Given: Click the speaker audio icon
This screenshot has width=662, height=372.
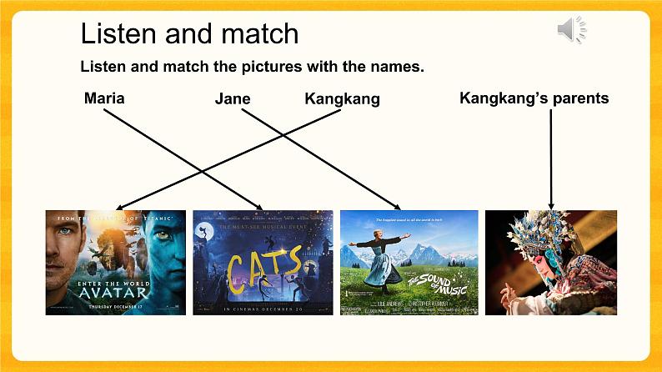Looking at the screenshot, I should (x=571, y=31).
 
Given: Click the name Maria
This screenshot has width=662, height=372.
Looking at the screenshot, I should (x=104, y=98).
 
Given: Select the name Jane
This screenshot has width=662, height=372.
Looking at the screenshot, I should (x=233, y=99).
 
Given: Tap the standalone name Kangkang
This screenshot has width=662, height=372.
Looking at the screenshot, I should (x=342, y=99).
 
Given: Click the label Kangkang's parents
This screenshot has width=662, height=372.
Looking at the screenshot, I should (x=534, y=98).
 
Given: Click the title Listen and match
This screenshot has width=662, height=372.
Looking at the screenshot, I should (x=189, y=34).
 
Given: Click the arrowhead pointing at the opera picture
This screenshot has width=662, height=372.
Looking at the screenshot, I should (x=550, y=205).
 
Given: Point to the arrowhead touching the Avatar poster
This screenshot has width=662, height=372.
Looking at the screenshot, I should (x=119, y=208).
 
